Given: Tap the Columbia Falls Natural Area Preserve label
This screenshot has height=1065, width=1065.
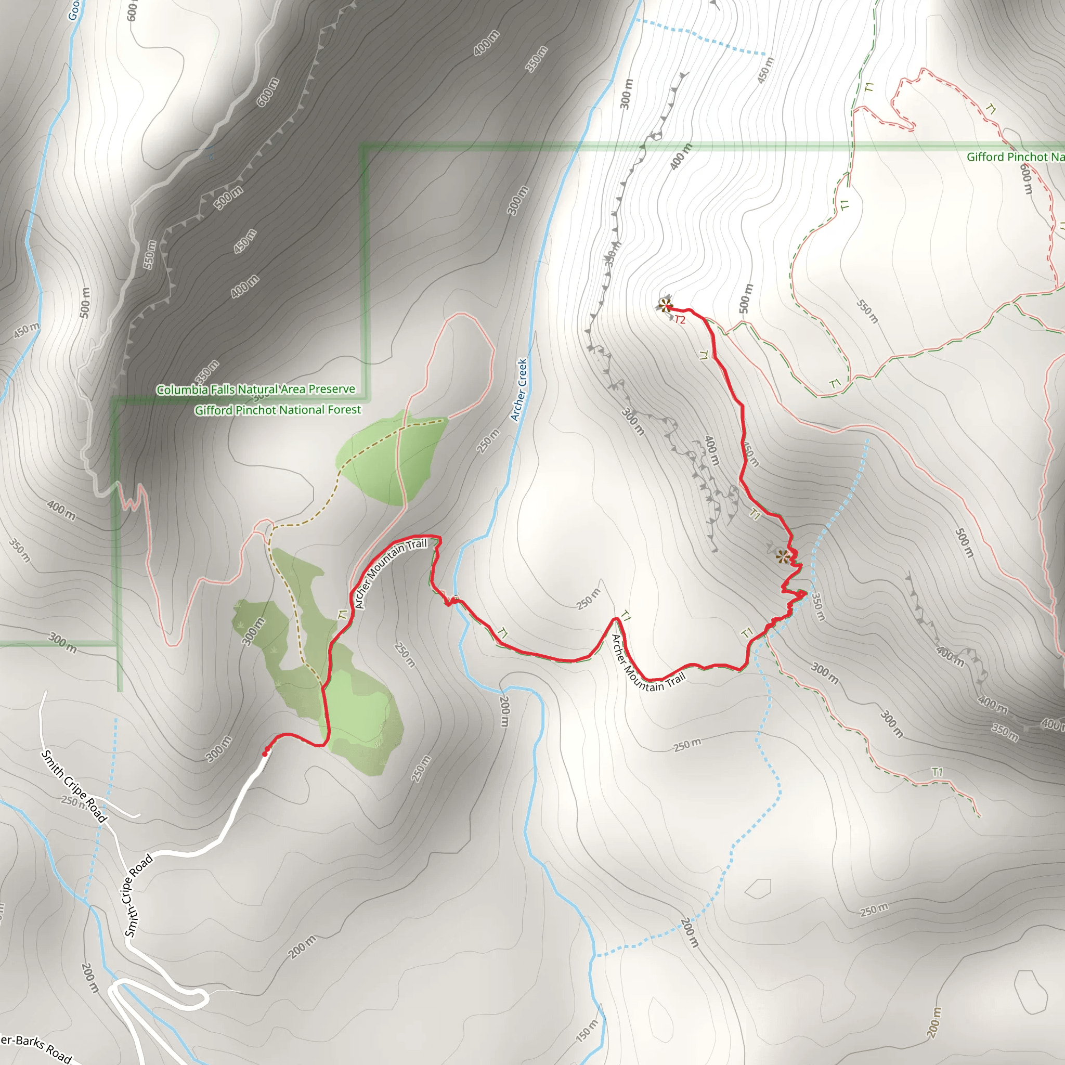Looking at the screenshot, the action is [x=256, y=389].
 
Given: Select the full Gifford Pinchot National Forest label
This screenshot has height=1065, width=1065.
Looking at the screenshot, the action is [x=278, y=410].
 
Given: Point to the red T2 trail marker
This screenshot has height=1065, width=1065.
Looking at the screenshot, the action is [x=680, y=320].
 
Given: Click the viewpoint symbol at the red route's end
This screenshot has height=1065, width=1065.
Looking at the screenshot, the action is [x=665, y=305].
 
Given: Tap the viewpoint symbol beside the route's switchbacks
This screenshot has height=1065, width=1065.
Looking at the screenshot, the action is [x=783, y=556].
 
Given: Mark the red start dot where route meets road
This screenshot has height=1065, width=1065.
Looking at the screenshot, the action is [x=265, y=753].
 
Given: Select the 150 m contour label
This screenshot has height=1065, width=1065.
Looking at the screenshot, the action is [x=587, y=1031].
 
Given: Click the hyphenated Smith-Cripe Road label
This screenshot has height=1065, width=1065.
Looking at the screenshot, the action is [x=137, y=896].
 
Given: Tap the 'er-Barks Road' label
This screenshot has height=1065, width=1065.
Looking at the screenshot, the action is [x=35, y=1047].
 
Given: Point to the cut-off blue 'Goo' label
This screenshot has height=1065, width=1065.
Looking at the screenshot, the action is [x=74, y=10].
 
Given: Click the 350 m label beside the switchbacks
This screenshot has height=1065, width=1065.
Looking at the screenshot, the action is [x=817, y=607].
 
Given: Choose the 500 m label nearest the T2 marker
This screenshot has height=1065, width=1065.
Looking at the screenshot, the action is [x=745, y=298].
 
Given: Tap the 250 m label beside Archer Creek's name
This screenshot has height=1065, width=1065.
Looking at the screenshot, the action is [x=488, y=440].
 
